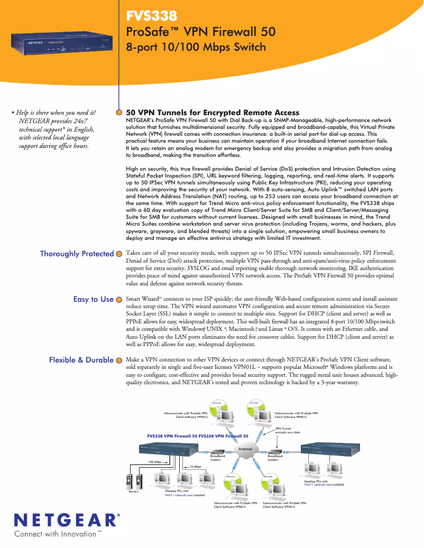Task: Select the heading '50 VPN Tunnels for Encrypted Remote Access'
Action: tap(213, 113)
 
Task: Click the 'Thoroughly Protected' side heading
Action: tap(77, 254)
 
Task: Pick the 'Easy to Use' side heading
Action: tap(93, 299)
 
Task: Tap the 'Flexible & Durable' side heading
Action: tap(81, 360)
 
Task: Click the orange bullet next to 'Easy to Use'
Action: tap(119, 300)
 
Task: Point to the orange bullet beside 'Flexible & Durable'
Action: tap(119, 360)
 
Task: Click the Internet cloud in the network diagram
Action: tap(245, 449)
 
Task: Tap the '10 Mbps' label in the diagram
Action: tap(195, 467)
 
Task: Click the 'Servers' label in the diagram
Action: tap(134, 491)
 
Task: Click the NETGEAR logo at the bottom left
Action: tap(66, 520)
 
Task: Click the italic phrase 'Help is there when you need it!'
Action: tap(56, 112)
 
